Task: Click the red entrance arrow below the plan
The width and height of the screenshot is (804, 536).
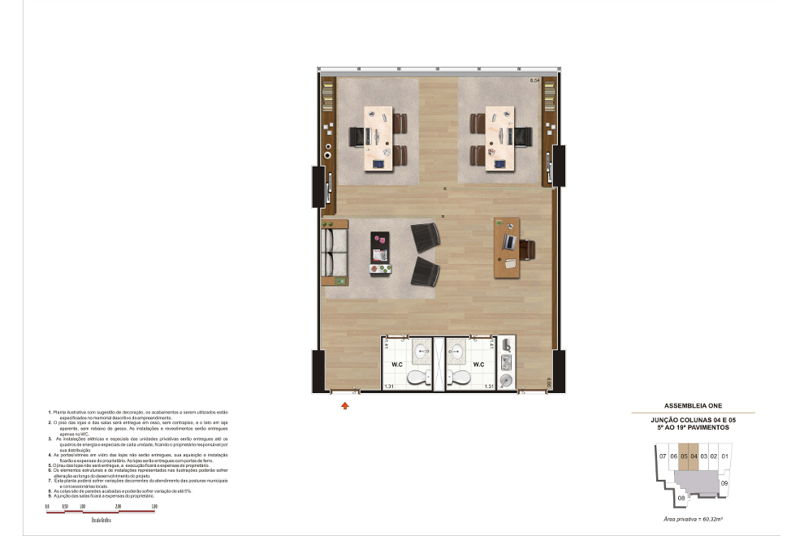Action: click(344, 404)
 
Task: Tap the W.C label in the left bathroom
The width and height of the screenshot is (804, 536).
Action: click(398, 364)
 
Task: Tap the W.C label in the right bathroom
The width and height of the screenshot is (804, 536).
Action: click(477, 364)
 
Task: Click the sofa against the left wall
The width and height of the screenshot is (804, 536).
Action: click(333, 252)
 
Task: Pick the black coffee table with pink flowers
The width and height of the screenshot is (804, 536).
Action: click(380, 253)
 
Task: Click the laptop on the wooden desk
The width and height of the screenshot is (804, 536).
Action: click(509, 241)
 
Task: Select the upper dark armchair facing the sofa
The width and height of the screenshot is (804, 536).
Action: click(426, 237)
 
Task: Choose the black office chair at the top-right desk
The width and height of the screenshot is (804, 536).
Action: click(523, 136)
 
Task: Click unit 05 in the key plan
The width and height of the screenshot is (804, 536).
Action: click(684, 456)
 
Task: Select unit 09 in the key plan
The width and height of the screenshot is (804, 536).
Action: click(724, 483)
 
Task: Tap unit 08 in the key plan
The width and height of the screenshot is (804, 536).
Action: click(681, 498)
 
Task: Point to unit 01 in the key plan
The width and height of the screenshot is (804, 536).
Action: click(724, 456)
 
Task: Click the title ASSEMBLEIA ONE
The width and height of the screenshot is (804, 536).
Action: click(693, 404)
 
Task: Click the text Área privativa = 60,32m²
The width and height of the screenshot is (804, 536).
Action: click(693, 517)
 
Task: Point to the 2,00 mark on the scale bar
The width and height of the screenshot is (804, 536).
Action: click(119, 506)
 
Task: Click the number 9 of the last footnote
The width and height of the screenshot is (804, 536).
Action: click(50, 495)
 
